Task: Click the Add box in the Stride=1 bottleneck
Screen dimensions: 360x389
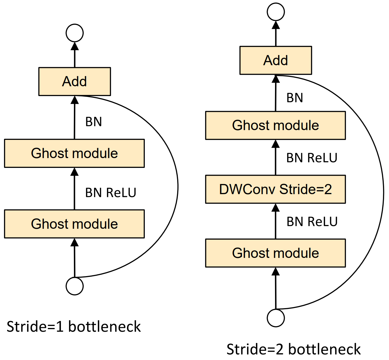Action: [74, 82]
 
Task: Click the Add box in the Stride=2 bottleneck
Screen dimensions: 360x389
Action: [276, 60]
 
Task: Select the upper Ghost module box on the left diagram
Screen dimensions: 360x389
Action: [74, 153]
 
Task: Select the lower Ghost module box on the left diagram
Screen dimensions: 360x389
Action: [74, 224]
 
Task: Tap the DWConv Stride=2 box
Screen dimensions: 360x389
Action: [276, 189]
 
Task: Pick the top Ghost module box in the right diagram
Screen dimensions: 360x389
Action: [276, 125]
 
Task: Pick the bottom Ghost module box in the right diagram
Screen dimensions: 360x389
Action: [276, 253]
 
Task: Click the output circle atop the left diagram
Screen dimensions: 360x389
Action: [74, 33]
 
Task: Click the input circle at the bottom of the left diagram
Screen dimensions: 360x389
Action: [74, 286]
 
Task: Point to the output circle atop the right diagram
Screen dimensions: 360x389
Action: [276, 12]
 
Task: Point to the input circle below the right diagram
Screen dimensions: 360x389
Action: [276, 318]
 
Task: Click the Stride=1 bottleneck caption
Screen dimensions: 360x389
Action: [74, 327]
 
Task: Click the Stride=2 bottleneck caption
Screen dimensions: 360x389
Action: [293, 349]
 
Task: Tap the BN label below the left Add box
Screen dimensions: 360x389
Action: [93, 122]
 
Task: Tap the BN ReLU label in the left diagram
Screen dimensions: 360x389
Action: [111, 193]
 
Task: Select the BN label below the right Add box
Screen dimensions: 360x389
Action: [295, 98]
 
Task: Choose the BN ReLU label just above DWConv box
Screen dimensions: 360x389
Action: [312, 158]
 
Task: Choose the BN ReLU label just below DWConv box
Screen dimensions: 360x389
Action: [312, 222]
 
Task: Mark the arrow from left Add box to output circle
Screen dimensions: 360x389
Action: [74, 55]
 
